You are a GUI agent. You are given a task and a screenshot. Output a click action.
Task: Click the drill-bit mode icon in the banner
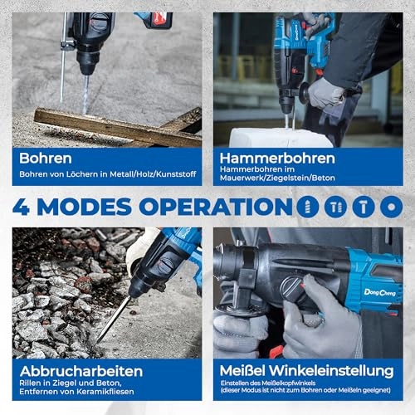[308, 207]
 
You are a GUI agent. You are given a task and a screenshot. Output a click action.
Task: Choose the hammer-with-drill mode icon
[336, 207]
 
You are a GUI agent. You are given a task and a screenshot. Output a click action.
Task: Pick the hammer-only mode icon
[364, 207]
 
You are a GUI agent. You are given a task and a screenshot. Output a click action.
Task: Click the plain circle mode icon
[391, 207]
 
